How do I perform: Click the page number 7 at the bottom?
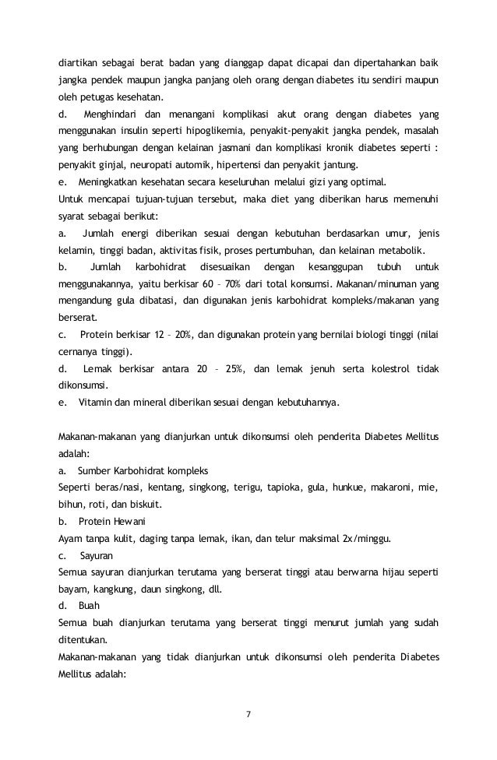pos(248,714)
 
